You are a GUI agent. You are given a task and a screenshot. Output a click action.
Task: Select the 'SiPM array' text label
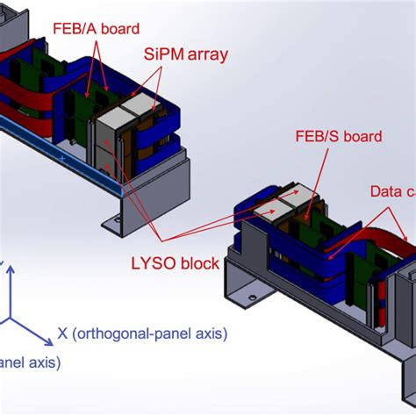click(185, 54)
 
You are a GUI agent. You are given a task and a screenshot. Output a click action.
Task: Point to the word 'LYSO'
click(150, 264)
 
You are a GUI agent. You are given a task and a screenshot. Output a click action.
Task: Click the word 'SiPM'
click(164, 54)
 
